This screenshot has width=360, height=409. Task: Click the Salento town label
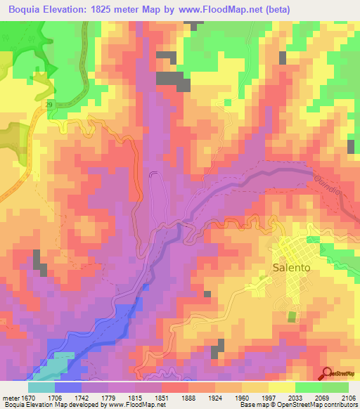click(x=291, y=268)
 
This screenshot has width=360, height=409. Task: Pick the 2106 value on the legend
click(x=340, y=397)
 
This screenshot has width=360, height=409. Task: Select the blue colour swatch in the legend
click(x=68, y=387)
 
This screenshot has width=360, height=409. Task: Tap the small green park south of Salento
click(x=292, y=316)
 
